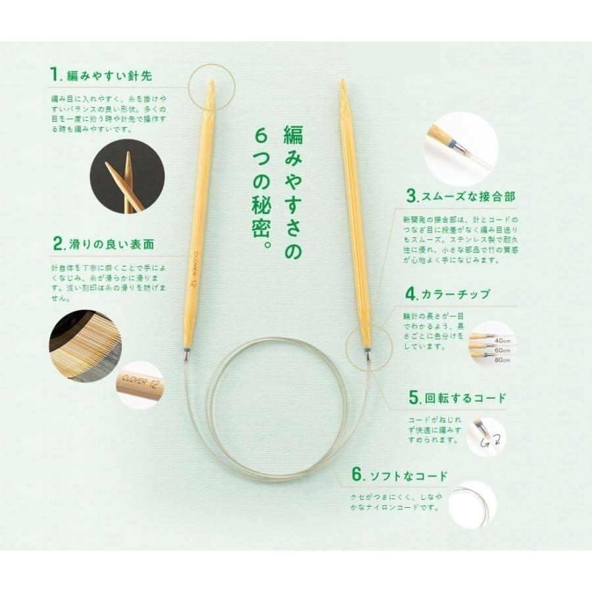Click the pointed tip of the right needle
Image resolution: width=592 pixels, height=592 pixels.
click(343, 84)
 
